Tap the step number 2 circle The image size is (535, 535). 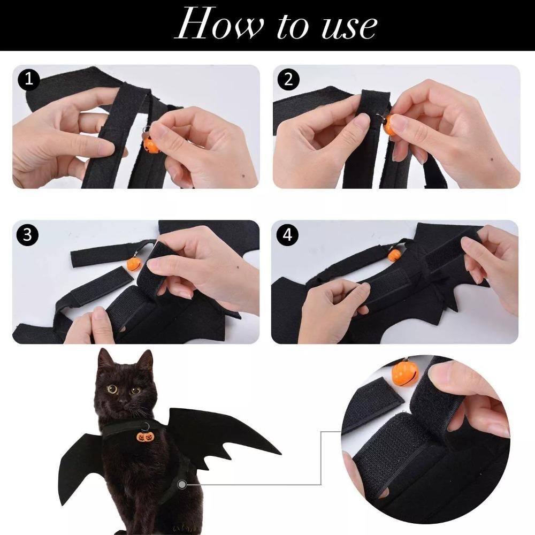click(288, 80)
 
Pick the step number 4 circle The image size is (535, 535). click(288, 235)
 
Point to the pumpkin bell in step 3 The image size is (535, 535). click(133, 263)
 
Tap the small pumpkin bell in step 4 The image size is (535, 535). click(395, 255)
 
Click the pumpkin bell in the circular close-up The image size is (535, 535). click(405, 375)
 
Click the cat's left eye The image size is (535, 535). click(112, 389)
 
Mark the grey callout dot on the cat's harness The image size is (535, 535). click(184, 485)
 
